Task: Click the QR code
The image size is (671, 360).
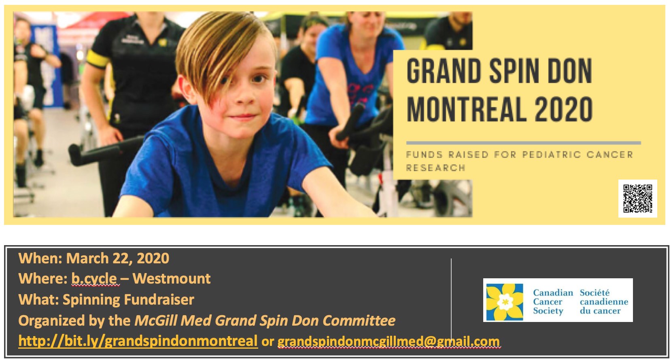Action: (x=638, y=199)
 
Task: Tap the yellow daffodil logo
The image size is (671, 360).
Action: (x=505, y=302)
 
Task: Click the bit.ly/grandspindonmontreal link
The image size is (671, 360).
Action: (x=138, y=341)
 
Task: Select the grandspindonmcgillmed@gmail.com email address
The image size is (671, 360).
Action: (x=389, y=341)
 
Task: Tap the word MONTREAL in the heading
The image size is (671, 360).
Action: (x=466, y=109)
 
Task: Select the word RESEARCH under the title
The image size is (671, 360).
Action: (x=435, y=168)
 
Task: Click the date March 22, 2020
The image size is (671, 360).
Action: (x=118, y=258)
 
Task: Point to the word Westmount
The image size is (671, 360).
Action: (x=172, y=279)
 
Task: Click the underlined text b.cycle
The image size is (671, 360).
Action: (x=94, y=279)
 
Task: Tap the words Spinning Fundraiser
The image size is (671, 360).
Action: (x=129, y=300)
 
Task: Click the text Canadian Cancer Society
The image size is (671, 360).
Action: (x=553, y=302)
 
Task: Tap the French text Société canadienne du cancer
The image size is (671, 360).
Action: (x=604, y=302)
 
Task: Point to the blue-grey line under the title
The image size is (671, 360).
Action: (x=524, y=143)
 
